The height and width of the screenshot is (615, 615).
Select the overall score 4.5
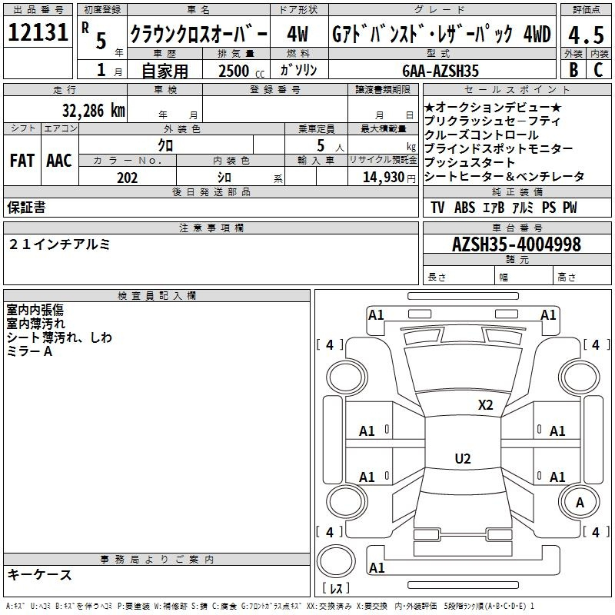(x=585, y=35)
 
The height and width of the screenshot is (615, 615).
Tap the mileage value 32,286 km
(x=93, y=110)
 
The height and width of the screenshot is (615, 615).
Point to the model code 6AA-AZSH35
(x=440, y=71)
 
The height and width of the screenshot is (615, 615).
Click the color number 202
(x=128, y=178)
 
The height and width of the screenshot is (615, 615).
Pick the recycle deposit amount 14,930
(x=384, y=178)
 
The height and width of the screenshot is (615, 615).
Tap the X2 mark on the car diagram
(x=485, y=404)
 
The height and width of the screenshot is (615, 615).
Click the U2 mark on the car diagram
(x=462, y=459)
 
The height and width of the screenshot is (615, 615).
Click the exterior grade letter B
(x=573, y=70)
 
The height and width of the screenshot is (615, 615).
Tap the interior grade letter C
(x=598, y=70)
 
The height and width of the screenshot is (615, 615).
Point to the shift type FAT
(x=22, y=161)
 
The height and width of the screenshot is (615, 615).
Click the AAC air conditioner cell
(x=59, y=161)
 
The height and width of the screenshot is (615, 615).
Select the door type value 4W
(x=298, y=35)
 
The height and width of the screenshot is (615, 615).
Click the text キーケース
(x=39, y=575)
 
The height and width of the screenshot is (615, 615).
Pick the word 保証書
(x=27, y=208)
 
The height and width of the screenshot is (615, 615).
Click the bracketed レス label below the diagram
(x=336, y=590)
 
